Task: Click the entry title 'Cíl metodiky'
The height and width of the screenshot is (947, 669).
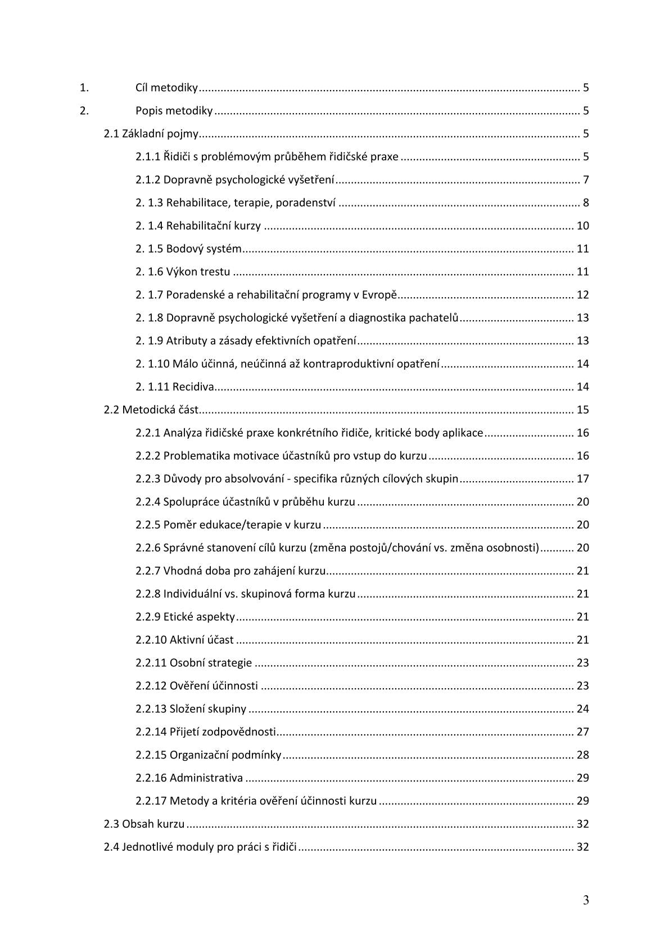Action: (x=166, y=88)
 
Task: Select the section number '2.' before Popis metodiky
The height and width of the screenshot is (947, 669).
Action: (x=84, y=111)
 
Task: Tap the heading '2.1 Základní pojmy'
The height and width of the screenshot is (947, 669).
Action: (x=152, y=134)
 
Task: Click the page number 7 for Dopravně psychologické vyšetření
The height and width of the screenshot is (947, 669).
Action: (x=585, y=180)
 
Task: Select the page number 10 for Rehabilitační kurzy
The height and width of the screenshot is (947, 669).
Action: (x=582, y=226)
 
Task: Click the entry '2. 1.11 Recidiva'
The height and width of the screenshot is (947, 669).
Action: (x=175, y=387)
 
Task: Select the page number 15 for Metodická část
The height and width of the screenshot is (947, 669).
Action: (x=582, y=410)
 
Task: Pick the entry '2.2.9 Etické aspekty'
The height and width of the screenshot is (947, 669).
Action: (x=185, y=617)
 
